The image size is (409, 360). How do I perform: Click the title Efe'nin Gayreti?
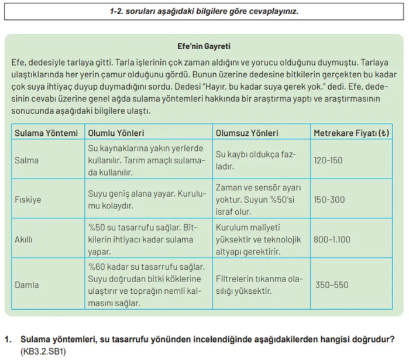coord(204,45)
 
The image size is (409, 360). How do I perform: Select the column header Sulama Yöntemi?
coord(46,133)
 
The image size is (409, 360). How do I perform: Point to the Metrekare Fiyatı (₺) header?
coord(351,133)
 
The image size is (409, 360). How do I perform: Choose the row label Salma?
coord(27,160)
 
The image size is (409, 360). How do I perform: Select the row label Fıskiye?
coord(28,200)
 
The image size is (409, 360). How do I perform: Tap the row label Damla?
coord(27,285)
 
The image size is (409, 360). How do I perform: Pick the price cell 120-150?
coord(328,160)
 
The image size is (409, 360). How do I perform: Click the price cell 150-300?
coord(329,200)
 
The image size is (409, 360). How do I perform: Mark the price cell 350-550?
coord(332,285)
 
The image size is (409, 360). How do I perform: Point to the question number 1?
coord(8,339)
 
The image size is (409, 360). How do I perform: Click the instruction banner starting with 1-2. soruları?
coord(204,11)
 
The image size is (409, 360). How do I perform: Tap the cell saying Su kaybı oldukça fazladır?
coord(256,160)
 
